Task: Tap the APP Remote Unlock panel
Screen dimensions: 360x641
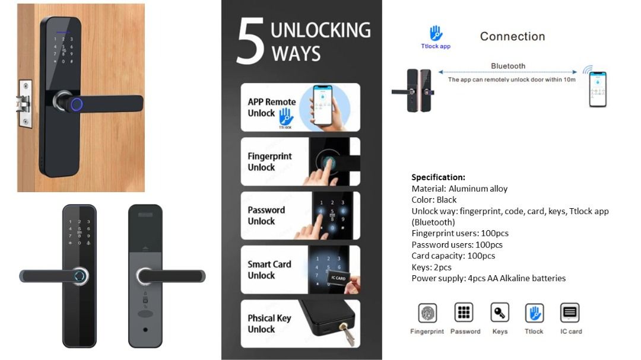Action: (x=300, y=107)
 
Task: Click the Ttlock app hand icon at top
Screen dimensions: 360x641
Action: (x=436, y=33)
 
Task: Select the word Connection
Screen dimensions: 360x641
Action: (x=512, y=36)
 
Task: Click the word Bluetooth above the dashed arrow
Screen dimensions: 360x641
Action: (x=508, y=66)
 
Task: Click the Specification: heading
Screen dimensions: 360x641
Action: (x=438, y=177)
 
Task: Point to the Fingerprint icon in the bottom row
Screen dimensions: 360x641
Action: (x=427, y=313)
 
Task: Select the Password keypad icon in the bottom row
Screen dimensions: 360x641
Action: (x=464, y=313)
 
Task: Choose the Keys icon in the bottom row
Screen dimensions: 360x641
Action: (x=500, y=313)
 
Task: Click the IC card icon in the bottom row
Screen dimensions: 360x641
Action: (x=570, y=313)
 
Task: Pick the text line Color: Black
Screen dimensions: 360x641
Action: (x=434, y=200)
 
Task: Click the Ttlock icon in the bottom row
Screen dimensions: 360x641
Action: (x=534, y=313)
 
